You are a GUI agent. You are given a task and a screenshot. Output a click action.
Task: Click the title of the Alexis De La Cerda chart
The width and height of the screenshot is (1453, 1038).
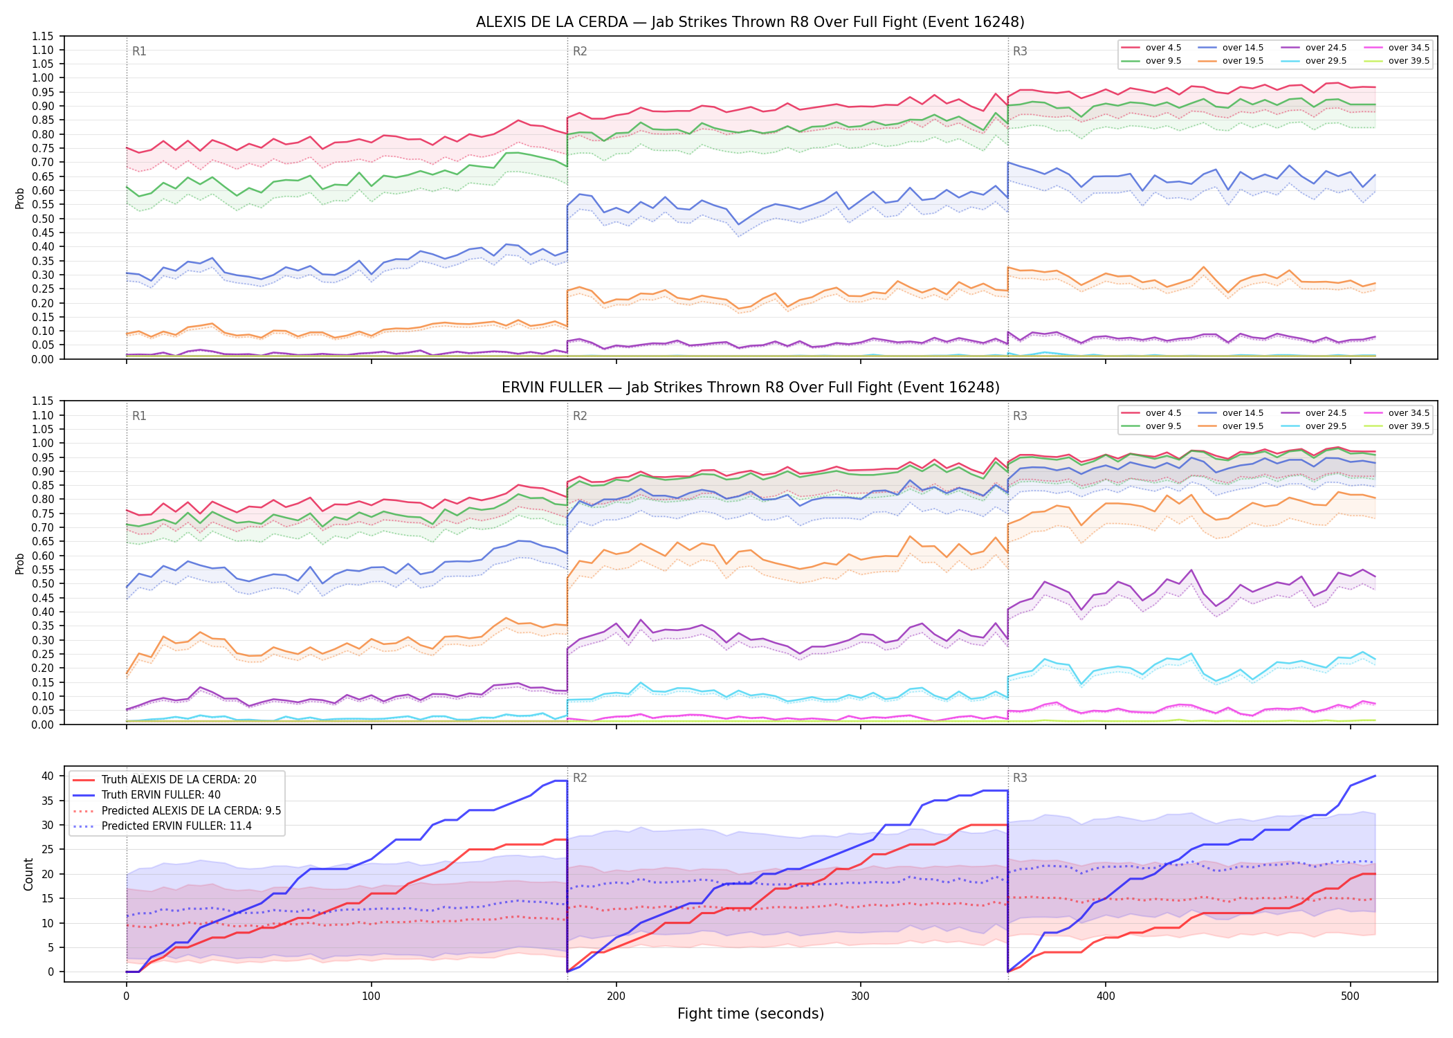pyautogui.click(x=750, y=22)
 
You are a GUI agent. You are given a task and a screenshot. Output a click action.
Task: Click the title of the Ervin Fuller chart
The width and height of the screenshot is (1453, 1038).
pyautogui.click(x=750, y=388)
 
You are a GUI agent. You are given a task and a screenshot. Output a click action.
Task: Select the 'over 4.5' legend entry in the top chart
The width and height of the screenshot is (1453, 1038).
pyautogui.click(x=1151, y=48)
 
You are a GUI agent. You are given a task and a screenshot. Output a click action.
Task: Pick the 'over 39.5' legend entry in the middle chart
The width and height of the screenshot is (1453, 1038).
pyautogui.click(x=1397, y=426)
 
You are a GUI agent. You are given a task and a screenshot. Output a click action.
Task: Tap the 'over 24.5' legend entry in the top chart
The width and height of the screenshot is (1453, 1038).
pyautogui.click(x=1314, y=48)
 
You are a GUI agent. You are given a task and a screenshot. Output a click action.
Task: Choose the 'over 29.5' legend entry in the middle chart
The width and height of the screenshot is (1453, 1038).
pyautogui.click(x=1314, y=426)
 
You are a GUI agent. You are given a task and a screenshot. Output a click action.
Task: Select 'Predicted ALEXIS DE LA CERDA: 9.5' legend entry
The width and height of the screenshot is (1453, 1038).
pyautogui.click(x=176, y=810)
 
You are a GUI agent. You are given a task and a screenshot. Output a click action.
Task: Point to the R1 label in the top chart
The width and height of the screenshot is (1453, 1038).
pyautogui.click(x=139, y=51)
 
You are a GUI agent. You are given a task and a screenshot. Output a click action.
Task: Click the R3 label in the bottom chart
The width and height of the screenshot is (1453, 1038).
pyautogui.click(x=1020, y=778)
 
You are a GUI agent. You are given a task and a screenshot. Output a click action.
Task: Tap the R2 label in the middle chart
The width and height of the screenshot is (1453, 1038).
pyautogui.click(x=580, y=416)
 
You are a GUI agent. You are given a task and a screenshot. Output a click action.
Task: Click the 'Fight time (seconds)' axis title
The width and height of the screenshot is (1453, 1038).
pyautogui.click(x=751, y=1014)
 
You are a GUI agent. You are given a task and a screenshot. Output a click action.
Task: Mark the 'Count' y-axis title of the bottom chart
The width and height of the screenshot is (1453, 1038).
pyautogui.click(x=28, y=874)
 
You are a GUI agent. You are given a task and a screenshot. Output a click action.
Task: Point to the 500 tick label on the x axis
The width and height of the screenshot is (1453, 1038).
pyautogui.click(x=1350, y=996)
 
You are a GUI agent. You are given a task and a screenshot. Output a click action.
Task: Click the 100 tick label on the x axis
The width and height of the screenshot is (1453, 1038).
pyautogui.click(x=371, y=996)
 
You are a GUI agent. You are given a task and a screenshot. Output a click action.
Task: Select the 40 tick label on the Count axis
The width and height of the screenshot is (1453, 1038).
pyautogui.click(x=48, y=776)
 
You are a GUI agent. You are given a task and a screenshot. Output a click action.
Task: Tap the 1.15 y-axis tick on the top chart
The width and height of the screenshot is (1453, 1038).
pyautogui.click(x=43, y=36)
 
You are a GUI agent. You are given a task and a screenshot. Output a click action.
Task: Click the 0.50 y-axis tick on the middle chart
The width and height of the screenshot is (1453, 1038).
pyautogui.click(x=43, y=583)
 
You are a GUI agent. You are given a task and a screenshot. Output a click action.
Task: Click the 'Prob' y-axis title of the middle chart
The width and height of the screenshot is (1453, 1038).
pyautogui.click(x=20, y=563)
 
